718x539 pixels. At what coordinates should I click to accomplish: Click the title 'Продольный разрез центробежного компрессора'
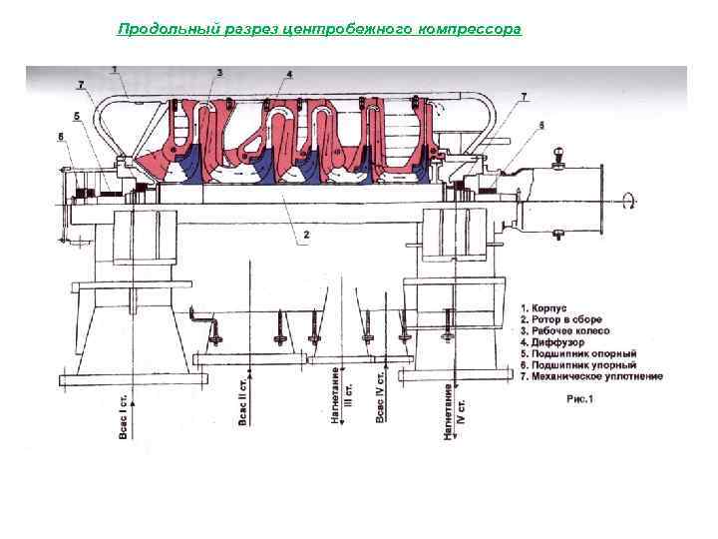pos(319,29)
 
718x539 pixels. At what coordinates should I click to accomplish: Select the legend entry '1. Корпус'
pos(544,308)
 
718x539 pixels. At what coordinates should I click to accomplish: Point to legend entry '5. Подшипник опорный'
pos(577,353)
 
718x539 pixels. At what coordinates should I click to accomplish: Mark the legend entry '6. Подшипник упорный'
pos(576,364)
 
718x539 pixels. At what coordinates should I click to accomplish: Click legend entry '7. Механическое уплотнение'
pos(591,376)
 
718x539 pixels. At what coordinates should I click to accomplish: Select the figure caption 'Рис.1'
pos(579,399)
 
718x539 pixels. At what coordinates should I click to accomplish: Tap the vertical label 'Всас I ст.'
pos(123,418)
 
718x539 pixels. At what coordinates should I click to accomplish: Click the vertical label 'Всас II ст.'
pos(243,400)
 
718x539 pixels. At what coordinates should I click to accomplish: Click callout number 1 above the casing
pos(116,69)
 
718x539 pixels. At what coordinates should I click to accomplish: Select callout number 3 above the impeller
pos(218,73)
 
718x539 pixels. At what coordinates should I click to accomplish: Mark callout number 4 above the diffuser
pos(288,75)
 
